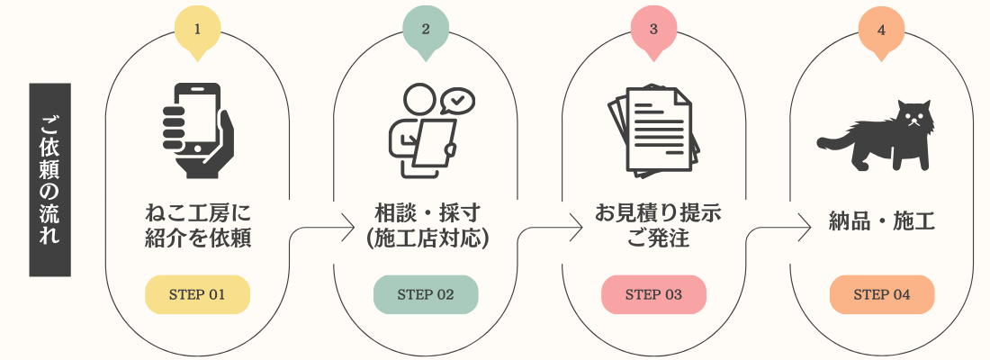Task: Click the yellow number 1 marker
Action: click(198, 31)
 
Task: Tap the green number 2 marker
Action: click(426, 31)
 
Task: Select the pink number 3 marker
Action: click(653, 31)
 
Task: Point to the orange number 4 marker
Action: click(881, 31)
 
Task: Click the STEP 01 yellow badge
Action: click(198, 294)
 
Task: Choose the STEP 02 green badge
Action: click(426, 294)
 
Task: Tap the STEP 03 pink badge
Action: click(653, 294)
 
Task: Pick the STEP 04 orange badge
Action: click(881, 294)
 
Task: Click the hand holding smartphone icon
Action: click(198, 130)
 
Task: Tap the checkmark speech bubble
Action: click(457, 101)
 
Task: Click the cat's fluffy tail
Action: click(837, 137)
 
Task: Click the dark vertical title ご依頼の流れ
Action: click(49, 180)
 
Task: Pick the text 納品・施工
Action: click(881, 222)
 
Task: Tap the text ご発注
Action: click(653, 238)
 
